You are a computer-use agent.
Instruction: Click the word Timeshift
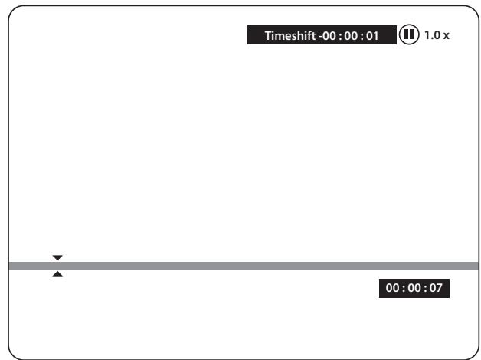290,35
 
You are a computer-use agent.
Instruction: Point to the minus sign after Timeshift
321,37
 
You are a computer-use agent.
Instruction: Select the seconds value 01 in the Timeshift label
372,36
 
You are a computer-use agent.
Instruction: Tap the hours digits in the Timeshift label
329,36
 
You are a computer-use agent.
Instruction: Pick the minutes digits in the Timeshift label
351,36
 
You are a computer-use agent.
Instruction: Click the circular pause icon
409,34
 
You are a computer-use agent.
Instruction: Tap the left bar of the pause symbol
406,34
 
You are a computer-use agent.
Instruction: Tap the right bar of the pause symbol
412,34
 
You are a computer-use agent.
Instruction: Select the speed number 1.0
433,35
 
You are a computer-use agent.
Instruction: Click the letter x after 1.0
446,36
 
